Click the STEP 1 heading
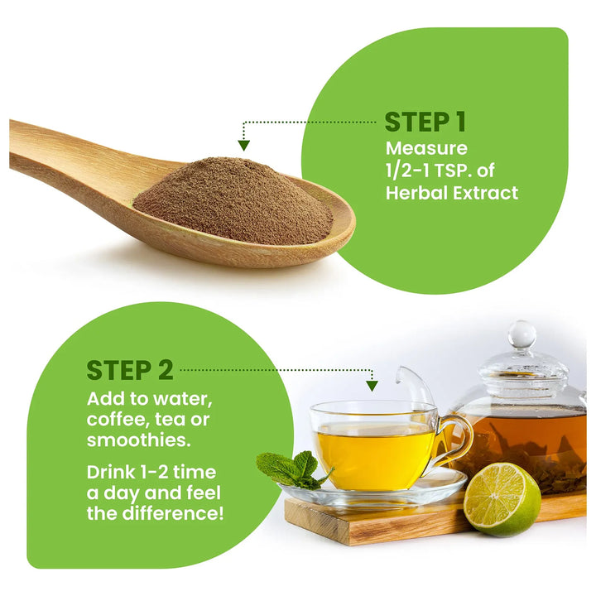(425, 122)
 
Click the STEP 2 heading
(130, 370)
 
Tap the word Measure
(426, 148)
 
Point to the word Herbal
(416, 193)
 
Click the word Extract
(486, 193)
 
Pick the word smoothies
(138, 440)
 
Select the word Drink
(111, 473)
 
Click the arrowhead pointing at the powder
(243, 146)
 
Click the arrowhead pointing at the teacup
(372, 387)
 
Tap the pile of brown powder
(233, 199)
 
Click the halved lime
(502, 498)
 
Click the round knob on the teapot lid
(522, 334)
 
